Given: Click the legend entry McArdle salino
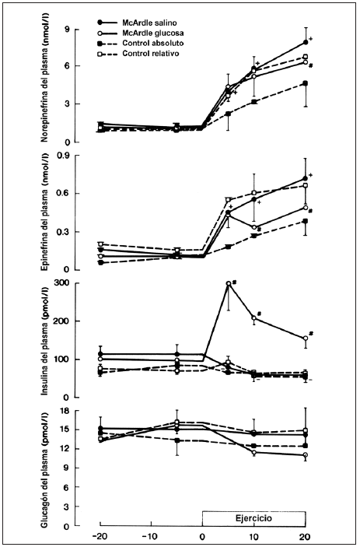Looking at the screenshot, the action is click(137, 23).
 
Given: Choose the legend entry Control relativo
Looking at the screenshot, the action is click(138, 54).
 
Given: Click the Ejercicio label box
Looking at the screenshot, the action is click(254, 519).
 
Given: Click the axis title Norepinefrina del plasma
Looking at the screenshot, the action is click(44, 77).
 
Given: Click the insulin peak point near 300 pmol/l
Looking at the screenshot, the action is click(229, 284).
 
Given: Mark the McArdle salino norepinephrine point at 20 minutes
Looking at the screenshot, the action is click(306, 42).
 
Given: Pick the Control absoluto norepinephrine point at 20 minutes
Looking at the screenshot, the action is click(306, 83).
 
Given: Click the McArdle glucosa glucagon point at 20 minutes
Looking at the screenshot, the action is click(306, 455).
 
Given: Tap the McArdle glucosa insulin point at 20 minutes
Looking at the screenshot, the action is click(306, 338).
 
